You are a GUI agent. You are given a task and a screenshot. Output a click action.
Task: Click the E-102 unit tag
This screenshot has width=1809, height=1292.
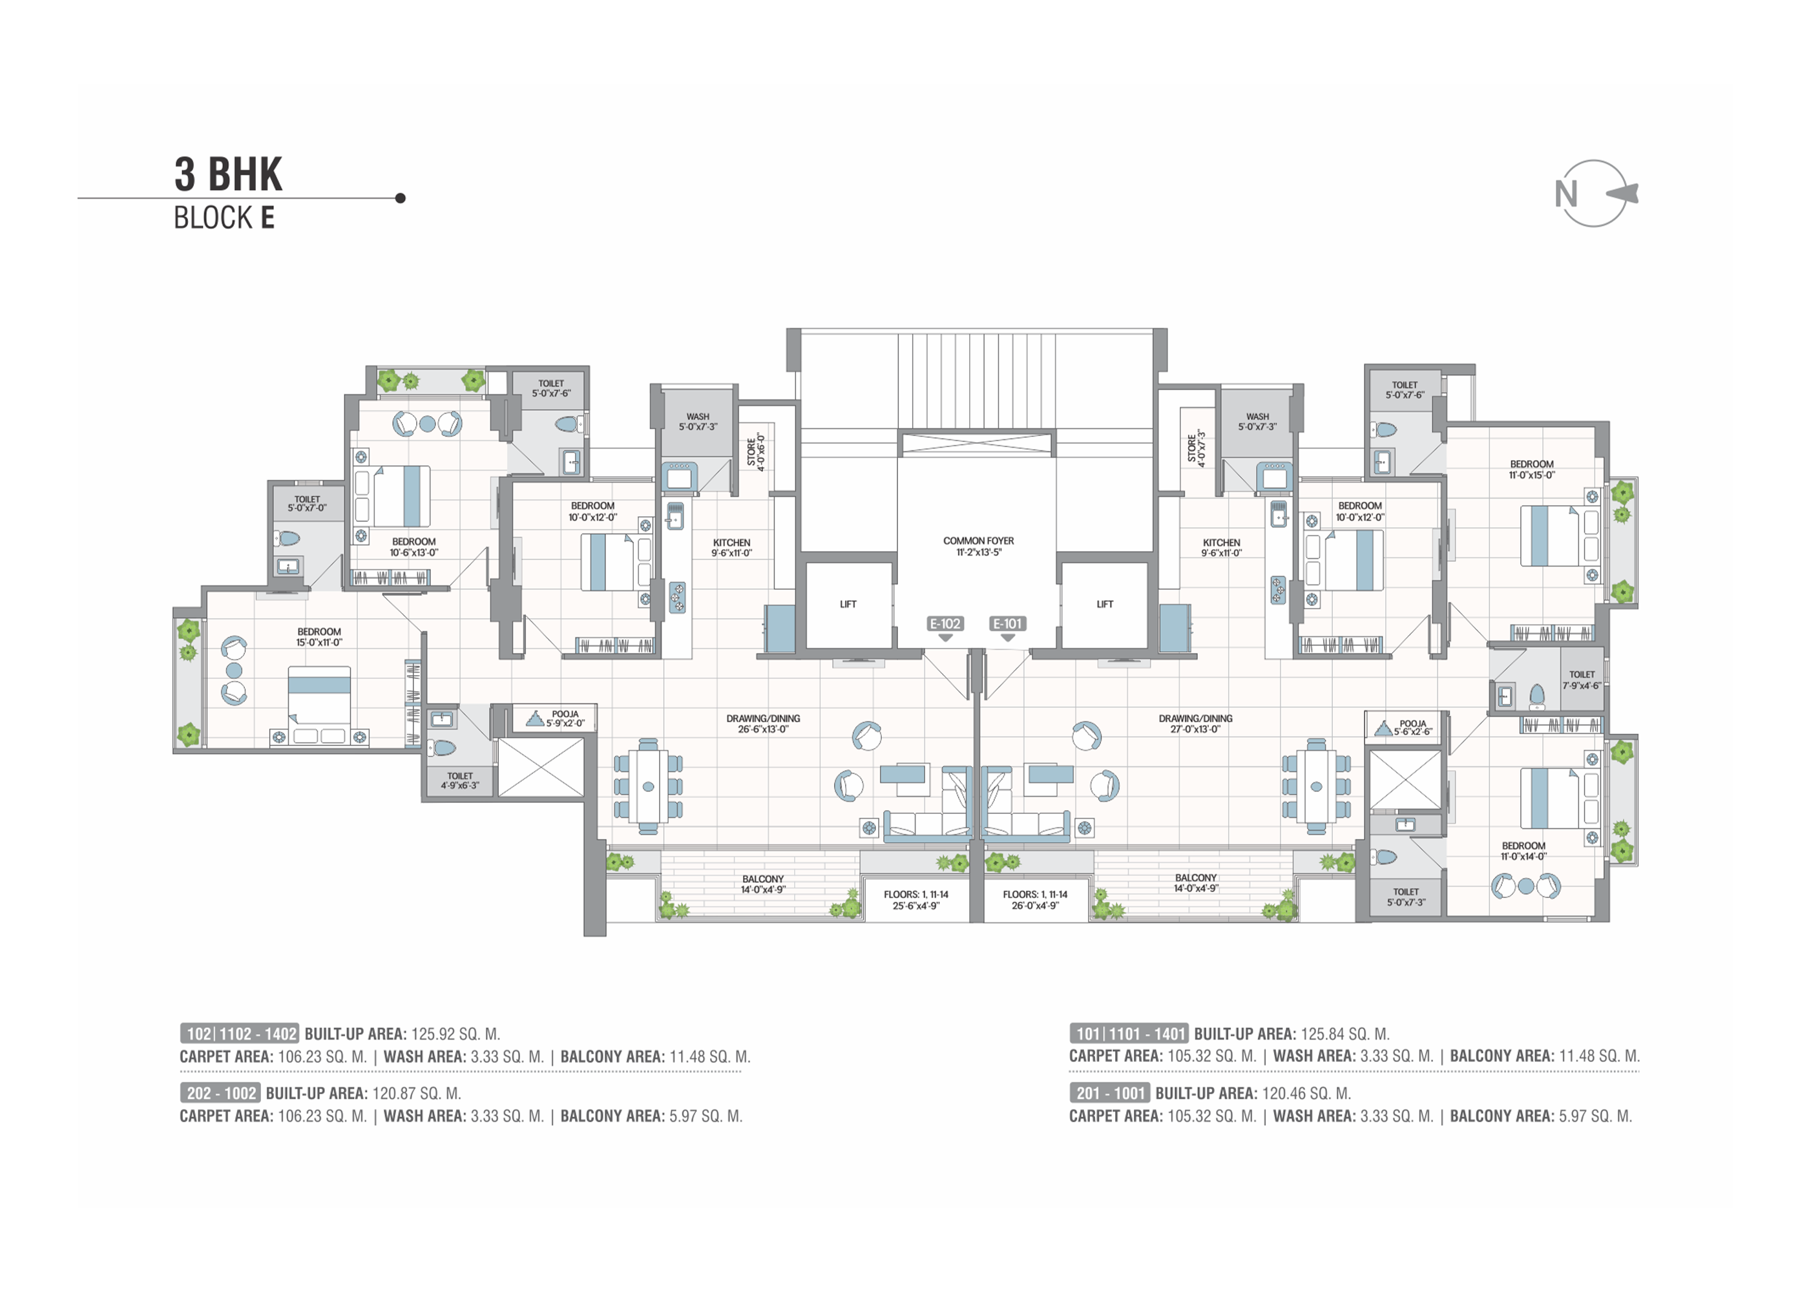tap(945, 624)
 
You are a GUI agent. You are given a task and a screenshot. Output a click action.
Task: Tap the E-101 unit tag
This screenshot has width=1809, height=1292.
tap(1007, 624)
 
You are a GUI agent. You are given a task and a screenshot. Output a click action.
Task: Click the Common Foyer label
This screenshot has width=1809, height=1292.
tap(979, 547)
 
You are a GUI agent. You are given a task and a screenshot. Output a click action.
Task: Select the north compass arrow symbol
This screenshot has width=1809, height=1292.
tap(1622, 193)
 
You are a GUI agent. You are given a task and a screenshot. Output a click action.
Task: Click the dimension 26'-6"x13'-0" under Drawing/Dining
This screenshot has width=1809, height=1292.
tap(763, 729)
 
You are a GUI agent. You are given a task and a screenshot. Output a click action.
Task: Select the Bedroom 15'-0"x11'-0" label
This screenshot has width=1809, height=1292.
tap(319, 637)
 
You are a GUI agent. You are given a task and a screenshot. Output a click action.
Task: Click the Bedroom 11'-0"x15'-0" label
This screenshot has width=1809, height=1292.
tap(1531, 470)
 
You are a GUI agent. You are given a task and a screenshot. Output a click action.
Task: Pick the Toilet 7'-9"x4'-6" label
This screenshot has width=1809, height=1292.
tap(1582, 680)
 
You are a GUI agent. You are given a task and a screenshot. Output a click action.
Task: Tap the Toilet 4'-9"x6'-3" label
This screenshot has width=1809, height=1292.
tap(460, 780)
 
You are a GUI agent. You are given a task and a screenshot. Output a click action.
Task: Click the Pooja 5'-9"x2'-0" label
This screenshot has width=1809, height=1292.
tap(565, 719)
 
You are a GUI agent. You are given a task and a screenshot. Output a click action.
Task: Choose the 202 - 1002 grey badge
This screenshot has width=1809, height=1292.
tap(220, 1093)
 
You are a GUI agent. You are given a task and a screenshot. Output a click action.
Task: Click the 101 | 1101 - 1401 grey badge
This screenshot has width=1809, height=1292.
tap(1129, 1034)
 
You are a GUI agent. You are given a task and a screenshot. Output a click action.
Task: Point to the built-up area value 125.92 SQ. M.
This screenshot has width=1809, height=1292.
tap(456, 1034)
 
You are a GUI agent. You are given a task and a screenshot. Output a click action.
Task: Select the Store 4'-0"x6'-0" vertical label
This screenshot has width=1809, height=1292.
tap(756, 452)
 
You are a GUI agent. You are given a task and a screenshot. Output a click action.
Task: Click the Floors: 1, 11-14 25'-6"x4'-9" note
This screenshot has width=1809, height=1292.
tap(915, 900)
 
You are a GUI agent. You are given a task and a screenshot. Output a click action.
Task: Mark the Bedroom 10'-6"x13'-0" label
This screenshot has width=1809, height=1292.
tap(413, 547)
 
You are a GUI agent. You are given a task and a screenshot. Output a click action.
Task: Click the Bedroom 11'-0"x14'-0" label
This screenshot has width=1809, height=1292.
tap(1523, 851)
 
